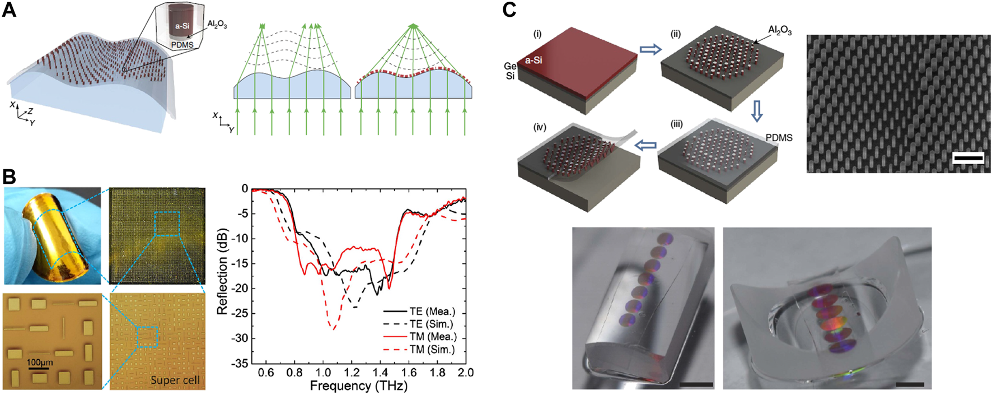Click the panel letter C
tap(509, 10)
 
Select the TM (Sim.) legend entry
tap(432, 350)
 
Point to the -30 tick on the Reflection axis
tap(241, 338)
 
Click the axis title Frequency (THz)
tap(358, 386)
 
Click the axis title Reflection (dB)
tap(223, 272)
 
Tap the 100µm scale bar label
tap(39, 363)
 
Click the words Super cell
tap(175, 380)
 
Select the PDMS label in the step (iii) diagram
tap(779, 138)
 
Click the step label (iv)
tap(540, 128)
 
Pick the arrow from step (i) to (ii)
tap(649, 50)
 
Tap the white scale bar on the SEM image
tap(968, 159)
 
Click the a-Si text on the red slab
tap(533, 60)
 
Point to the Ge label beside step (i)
tap(509, 66)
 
